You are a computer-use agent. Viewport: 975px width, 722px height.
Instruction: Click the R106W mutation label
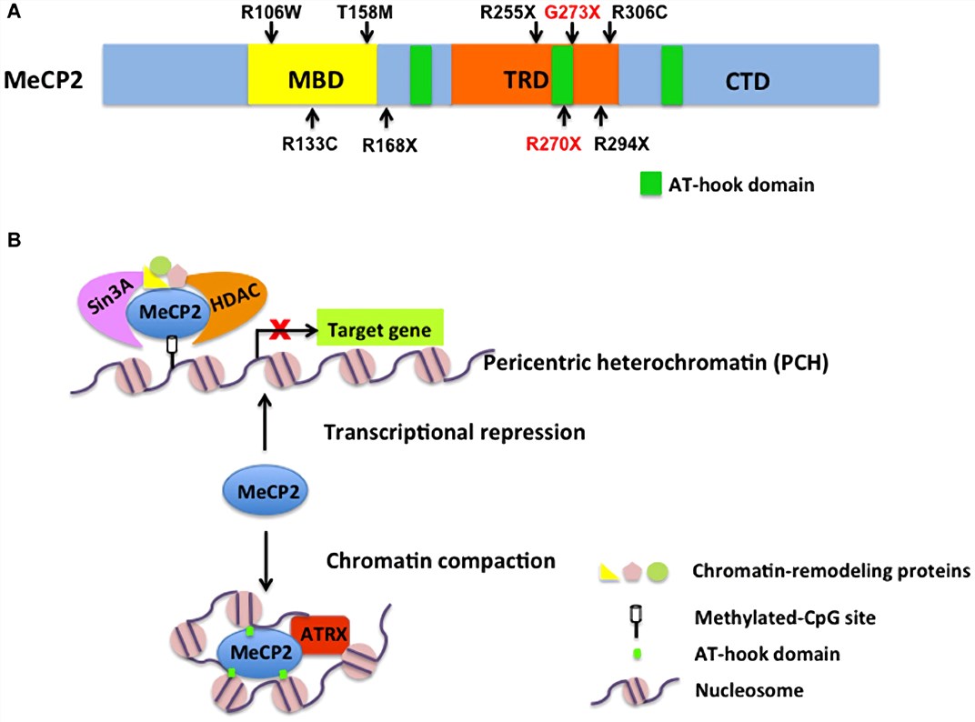tap(272, 11)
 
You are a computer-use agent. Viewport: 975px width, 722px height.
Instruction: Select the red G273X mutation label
tap(572, 11)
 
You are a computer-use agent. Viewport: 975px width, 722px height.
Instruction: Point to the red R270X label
tap(553, 144)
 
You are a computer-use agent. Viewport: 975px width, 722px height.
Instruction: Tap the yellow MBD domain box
tap(312, 81)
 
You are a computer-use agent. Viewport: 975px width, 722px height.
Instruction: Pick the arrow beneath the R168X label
tap(387, 118)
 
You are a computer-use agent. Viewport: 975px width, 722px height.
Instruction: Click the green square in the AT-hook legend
tap(649, 185)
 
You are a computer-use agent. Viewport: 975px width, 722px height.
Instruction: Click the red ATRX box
tap(320, 627)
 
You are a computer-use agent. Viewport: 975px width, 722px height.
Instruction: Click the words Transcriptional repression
tap(455, 432)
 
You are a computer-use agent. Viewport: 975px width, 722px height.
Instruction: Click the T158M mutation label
tap(368, 11)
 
